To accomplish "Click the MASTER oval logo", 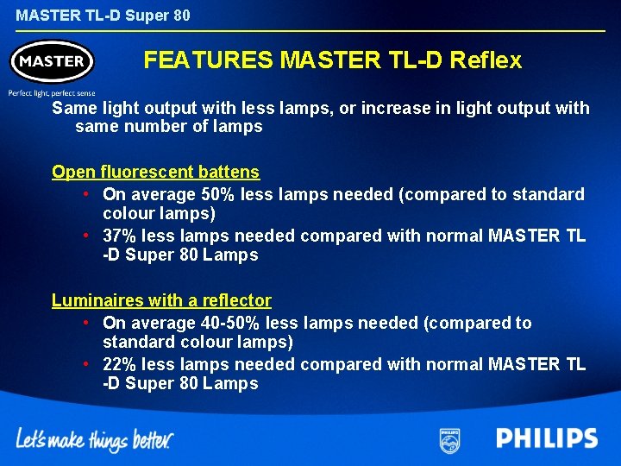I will pyautogui.click(x=52, y=61).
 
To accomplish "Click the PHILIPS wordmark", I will pyautogui.click(x=547, y=438).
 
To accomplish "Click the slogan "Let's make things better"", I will pyautogui.click(x=95, y=439).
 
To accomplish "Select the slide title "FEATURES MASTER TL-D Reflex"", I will pyautogui.click(x=332, y=60).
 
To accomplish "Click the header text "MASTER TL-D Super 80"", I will pyautogui.click(x=103, y=16).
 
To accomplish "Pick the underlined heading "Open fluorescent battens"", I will pyautogui.click(x=155, y=172).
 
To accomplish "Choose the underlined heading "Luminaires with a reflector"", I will pyautogui.click(x=161, y=300).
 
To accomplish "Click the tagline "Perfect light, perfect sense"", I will pyautogui.click(x=52, y=92).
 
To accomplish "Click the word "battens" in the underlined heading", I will pyautogui.click(x=228, y=172).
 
